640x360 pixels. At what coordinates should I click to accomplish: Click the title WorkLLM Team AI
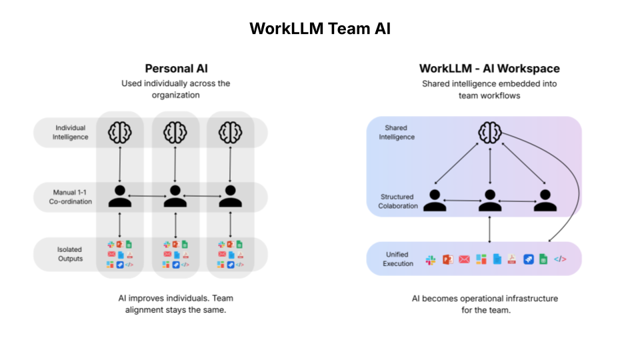point(320,29)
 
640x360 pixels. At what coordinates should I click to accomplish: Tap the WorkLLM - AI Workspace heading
point(489,69)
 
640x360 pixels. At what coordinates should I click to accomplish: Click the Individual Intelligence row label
point(71,132)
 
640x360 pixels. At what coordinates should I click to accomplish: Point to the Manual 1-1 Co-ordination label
point(71,197)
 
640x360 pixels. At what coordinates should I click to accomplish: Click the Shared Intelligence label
point(399,132)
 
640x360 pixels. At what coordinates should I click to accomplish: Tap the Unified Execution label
point(398,259)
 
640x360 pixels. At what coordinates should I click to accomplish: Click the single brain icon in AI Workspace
point(490,133)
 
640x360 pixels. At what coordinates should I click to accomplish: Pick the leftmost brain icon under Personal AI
point(120,131)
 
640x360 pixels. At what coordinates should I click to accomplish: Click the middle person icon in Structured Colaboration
point(490,199)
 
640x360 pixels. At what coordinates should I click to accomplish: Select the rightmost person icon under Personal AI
point(230,196)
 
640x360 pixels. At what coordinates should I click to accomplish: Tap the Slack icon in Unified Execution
point(431,259)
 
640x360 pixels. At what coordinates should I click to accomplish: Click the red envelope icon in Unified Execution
point(464,259)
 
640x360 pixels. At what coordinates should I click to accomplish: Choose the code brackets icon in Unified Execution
point(560,259)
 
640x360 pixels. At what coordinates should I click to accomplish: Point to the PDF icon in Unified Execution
point(512,259)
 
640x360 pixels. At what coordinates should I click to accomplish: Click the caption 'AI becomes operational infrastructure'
point(485,303)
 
